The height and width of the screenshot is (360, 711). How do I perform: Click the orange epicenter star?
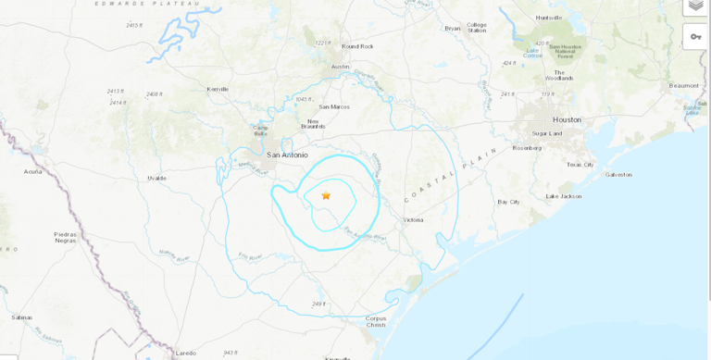[326, 195]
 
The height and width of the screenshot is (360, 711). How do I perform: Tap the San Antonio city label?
[287, 155]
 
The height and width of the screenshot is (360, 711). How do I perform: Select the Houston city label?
[567, 119]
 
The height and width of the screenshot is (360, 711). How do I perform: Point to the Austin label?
[341, 67]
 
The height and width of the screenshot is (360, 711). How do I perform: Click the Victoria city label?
[413, 219]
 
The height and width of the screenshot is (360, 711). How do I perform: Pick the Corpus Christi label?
[376, 321]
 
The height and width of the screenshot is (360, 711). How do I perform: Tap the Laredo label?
[186, 352]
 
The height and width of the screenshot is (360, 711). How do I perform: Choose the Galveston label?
[618, 174]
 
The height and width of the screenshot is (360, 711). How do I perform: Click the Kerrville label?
[218, 89]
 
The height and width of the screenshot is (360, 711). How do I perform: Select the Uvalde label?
[157, 178]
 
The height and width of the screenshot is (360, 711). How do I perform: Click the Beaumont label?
[684, 85]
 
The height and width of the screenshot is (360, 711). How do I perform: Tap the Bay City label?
[508, 201]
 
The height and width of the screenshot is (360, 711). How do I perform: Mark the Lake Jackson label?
[563, 196]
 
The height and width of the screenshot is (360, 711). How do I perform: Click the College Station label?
[477, 27]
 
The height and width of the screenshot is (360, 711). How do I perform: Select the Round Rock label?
[357, 46]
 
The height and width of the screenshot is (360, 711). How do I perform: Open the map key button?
[696, 36]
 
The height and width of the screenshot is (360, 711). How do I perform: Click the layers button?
[696, 6]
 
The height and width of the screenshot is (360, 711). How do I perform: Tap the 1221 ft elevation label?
[322, 43]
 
